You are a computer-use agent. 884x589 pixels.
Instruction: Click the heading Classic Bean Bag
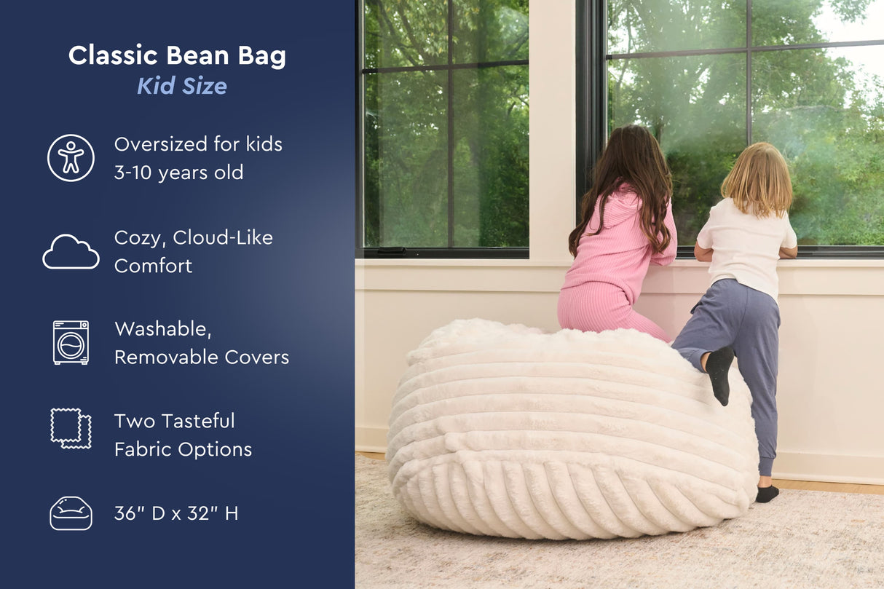pyautogui.click(x=177, y=56)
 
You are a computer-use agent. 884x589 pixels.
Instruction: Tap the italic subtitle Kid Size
pyautogui.click(x=182, y=86)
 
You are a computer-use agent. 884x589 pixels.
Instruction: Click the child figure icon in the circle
pyautogui.click(x=71, y=157)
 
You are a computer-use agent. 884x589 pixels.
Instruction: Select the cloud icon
pyautogui.click(x=71, y=252)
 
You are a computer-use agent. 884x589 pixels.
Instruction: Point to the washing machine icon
pyautogui.click(x=71, y=342)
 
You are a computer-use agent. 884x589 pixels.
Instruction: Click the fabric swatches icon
pyautogui.click(x=71, y=427)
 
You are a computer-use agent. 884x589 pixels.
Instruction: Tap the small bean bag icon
pyautogui.click(x=71, y=513)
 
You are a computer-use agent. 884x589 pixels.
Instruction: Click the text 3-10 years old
pyautogui.click(x=178, y=173)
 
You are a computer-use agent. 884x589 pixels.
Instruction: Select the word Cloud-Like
pyautogui.click(x=223, y=237)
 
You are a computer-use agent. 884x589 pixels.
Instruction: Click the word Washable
pyautogui.click(x=162, y=329)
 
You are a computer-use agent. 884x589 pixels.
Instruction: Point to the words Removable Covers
pyautogui.click(x=202, y=357)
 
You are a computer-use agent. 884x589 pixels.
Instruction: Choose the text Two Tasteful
pyautogui.click(x=174, y=421)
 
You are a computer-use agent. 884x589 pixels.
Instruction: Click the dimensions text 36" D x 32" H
pyautogui.click(x=176, y=513)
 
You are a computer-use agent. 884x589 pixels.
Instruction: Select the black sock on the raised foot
pyautogui.click(x=719, y=373)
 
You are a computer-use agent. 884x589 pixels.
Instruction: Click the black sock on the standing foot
pyautogui.click(x=766, y=493)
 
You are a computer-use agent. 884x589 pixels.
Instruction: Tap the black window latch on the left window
pyautogui.click(x=392, y=250)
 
